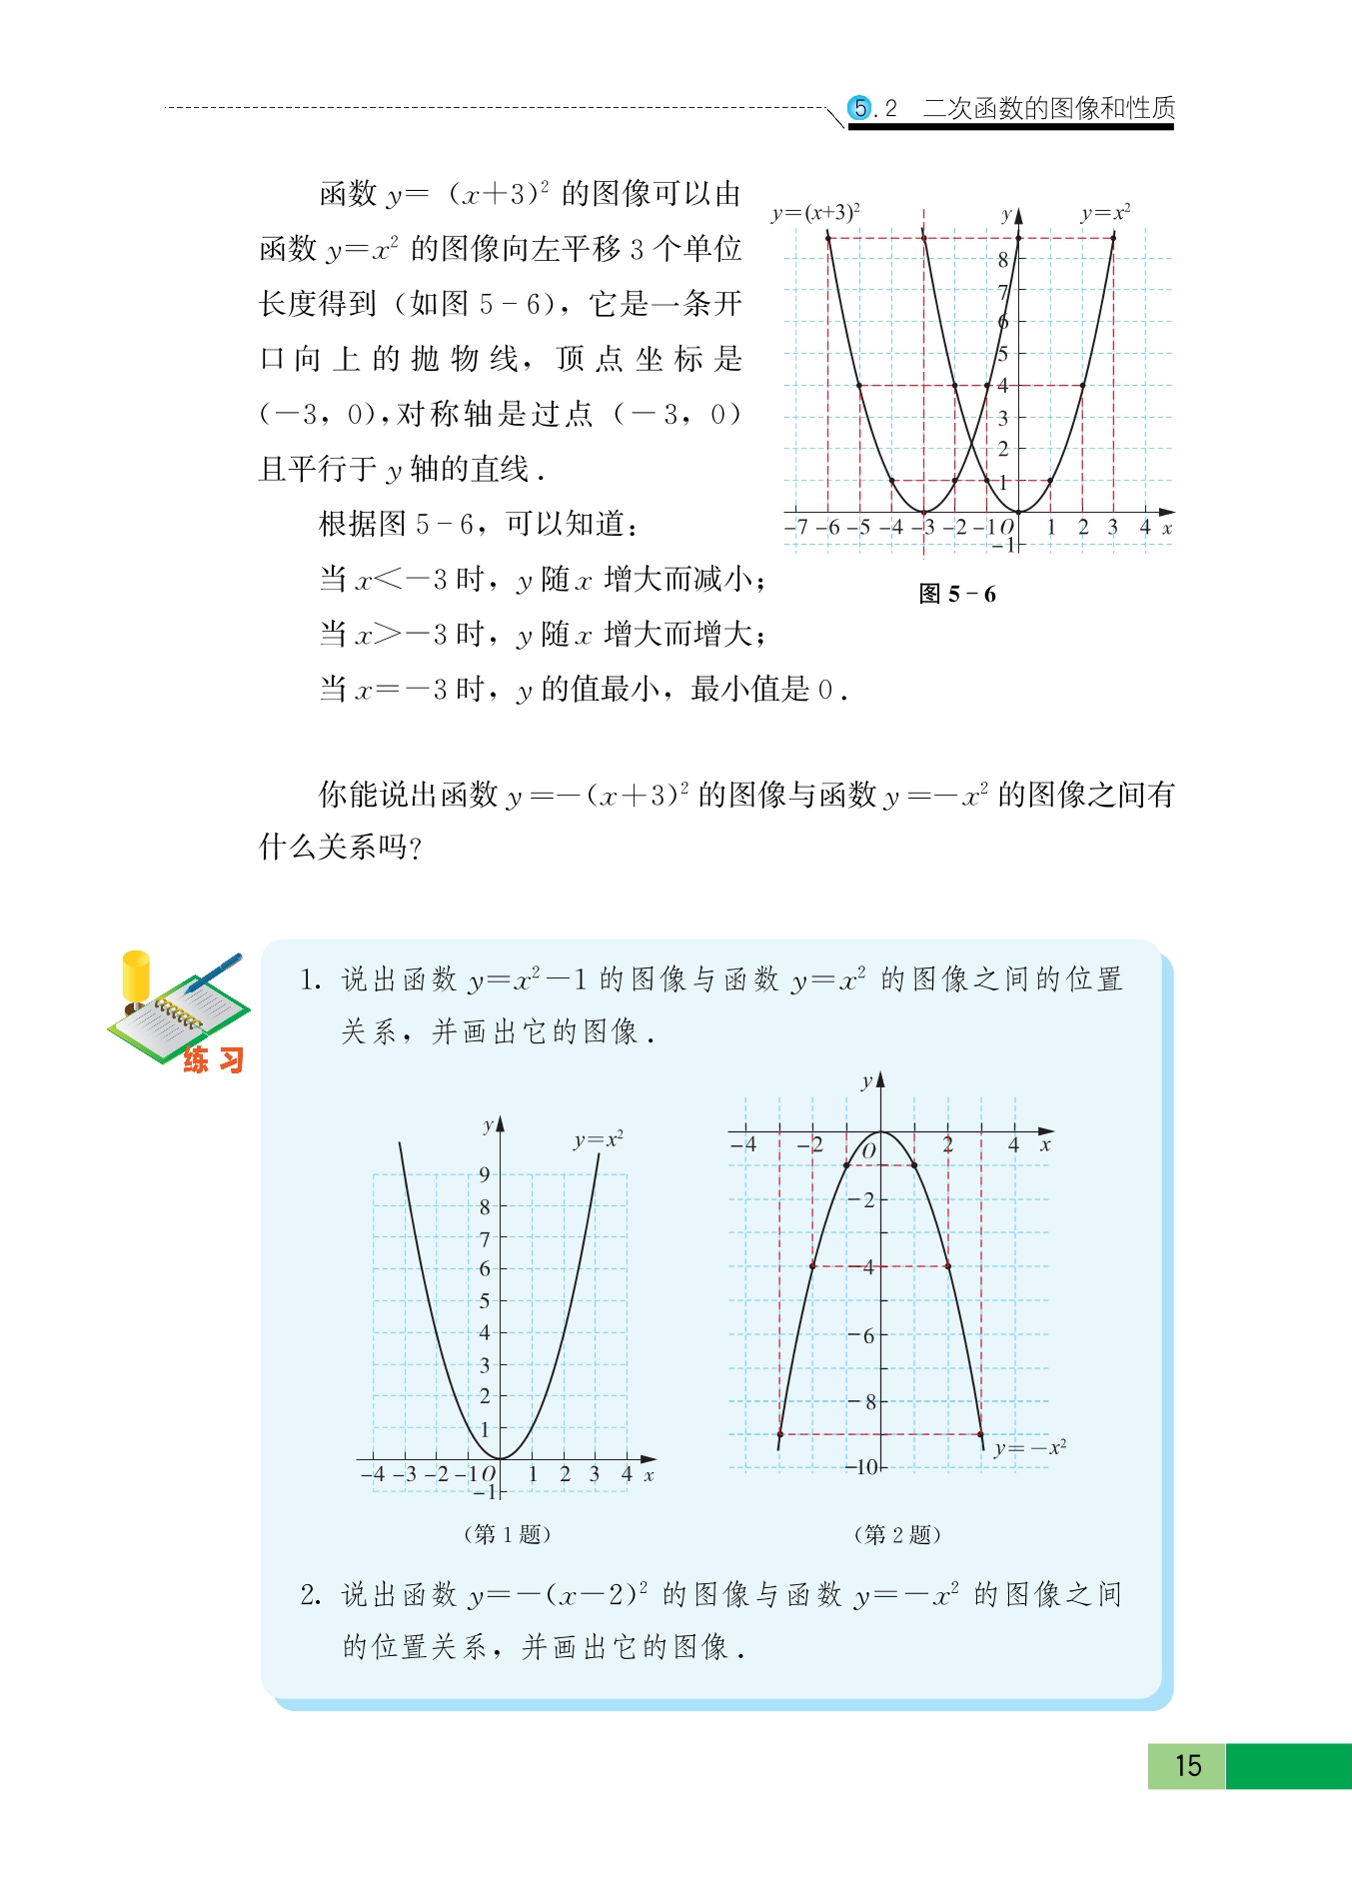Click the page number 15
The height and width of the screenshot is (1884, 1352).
(x=1187, y=1765)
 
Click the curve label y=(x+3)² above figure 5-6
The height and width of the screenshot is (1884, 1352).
(x=815, y=213)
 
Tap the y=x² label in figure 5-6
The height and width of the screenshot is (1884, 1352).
(x=1105, y=213)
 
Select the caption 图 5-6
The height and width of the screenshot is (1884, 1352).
(x=956, y=594)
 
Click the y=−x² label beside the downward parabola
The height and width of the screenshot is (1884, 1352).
(x=1030, y=1447)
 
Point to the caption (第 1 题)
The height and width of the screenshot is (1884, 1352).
(x=507, y=1533)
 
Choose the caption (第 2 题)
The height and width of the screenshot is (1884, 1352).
(x=896, y=1534)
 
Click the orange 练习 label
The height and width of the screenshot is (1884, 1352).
(x=213, y=1059)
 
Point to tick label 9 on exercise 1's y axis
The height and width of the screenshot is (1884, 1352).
(x=485, y=1174)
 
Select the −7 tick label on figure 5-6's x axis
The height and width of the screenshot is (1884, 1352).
(x=796, y=527)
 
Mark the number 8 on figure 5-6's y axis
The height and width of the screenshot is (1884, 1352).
(x=1003, y=260)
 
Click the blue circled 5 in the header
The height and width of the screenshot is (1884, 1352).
(x=858, y=108)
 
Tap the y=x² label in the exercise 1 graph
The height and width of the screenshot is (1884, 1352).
(x=598, y=1139)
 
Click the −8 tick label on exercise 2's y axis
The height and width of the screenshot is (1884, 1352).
(x=865, y=1401)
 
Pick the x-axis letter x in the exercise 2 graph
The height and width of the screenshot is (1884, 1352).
(x=1045, y=1145)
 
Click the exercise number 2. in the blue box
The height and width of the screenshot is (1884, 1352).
(x=310, y=1595)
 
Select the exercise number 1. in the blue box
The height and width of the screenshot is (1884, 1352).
(x=310, y=980)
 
